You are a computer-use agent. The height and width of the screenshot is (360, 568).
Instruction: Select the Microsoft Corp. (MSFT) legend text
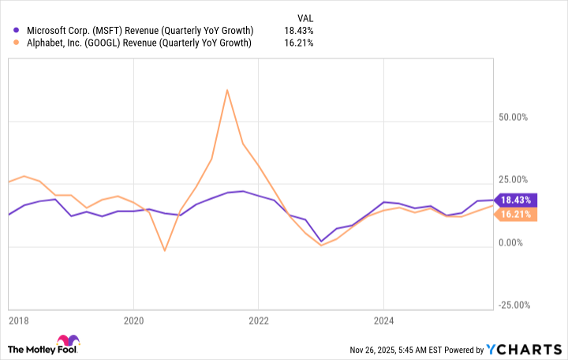coord(140,30)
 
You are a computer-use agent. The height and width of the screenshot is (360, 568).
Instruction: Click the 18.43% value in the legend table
coord(298,30)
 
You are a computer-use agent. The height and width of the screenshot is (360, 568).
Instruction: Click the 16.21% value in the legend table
coord(298,43)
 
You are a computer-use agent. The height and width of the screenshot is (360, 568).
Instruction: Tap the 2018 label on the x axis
coord(20,321)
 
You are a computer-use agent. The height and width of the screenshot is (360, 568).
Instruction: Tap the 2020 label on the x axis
coord(133,321)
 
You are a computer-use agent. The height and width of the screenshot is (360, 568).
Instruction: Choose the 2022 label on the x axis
coord(259,321)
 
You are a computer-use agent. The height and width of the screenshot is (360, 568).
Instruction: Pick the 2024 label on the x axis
coord(383,321)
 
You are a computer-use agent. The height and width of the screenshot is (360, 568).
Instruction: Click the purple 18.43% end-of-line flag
coord(515,201)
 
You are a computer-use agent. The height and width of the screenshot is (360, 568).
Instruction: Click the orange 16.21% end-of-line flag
coord(515,214)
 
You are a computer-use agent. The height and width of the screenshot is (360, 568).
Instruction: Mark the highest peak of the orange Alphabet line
coord(227,90)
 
